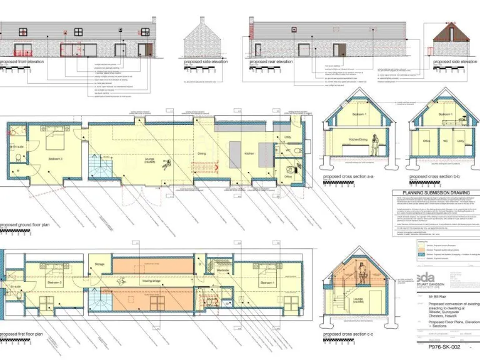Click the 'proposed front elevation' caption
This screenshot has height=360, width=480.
21,62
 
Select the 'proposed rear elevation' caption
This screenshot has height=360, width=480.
271,62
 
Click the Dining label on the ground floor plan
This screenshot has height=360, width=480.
202,153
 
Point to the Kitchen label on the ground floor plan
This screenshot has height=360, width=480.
249,153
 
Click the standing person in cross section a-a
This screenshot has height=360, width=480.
374,145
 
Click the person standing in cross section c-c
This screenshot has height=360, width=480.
362,273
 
